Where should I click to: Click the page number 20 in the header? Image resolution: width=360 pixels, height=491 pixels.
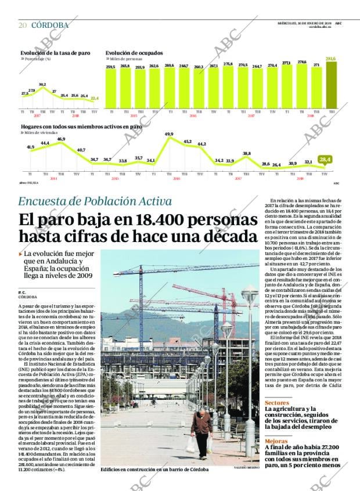22,25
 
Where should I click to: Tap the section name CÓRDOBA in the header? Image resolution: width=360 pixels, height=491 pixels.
49,25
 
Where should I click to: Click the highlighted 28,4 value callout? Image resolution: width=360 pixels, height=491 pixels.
325,159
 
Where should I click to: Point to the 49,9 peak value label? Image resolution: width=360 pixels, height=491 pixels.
169,134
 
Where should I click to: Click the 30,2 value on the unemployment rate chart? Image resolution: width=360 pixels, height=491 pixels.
42,84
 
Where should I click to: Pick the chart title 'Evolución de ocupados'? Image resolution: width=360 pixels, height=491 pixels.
134,53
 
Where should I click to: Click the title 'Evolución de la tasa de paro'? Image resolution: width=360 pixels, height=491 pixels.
56,53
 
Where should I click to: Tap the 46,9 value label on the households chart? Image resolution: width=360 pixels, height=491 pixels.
61,139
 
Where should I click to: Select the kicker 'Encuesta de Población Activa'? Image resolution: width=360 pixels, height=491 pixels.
95,201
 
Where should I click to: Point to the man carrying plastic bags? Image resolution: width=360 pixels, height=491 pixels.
201,430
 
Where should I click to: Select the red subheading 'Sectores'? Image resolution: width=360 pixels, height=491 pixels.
277,402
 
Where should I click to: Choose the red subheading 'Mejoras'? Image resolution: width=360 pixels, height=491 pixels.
276,441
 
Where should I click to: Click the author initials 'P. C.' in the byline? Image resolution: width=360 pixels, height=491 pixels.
22,292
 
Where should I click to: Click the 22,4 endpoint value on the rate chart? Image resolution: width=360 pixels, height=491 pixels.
95,98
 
